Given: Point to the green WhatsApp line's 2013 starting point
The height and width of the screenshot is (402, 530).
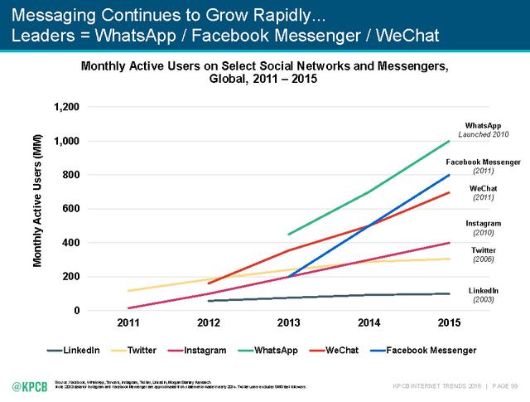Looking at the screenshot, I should click(288, 235).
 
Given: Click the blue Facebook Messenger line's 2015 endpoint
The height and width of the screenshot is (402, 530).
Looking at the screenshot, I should click(450, 175).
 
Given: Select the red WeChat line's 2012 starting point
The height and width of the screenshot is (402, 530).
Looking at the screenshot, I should click(208, 283).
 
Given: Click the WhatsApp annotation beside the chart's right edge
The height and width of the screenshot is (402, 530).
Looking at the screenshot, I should click(482, 125).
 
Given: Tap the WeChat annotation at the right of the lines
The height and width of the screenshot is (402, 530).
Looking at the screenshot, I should click(482, 188).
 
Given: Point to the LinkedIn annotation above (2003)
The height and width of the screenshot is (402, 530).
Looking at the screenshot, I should click(482, 290).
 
